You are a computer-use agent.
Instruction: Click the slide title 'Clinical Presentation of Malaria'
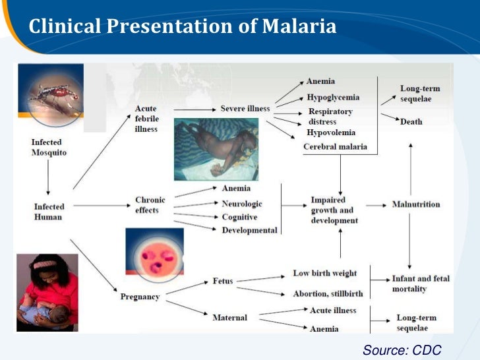pyautogui.click(x=183, y=27)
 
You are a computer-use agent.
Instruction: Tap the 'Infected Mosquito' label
pyautogui.click(x=49, y=147)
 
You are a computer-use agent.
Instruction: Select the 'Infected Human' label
pyautogui.click(x=49, y=211)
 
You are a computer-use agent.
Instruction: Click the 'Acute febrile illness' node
pyautogui.click(x=146, y=119)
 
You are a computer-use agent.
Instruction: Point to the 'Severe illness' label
pyautogui.click(x=245, y=108)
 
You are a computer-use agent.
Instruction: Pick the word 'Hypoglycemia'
pyautogui.click(x=332, y=98)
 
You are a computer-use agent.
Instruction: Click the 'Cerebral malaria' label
pyautogui.click(x=335, y=146)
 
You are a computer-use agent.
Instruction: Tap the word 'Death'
pyautogui.click(x=411, y=122)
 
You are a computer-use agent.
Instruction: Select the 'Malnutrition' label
pyautogui.click(x=415, y=204)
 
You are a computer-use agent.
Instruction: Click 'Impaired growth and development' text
pyautogui.click(x=335, y=210)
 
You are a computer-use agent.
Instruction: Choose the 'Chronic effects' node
pyautogui.click(x=150, y=205)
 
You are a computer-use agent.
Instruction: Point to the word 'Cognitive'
pyautogui.click(x=240, y=218)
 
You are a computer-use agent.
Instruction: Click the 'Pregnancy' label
pyautogui.click(x=140, y=297)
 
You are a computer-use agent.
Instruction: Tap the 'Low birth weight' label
pyautogui.click(x=325, y=273)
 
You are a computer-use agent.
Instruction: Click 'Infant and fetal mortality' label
pyautogui.click(x=421, y=284)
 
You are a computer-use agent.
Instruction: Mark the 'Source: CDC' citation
pyautogui.click(x=402, y=349)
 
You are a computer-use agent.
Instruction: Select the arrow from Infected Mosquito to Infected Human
pyautogui.click(x=48, y=176)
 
